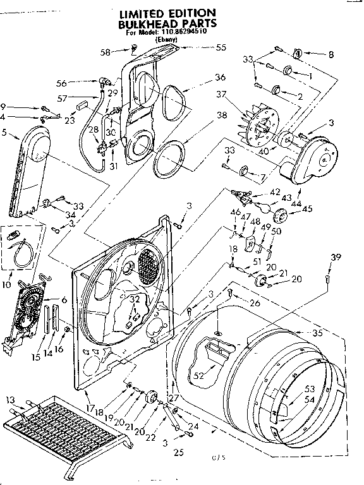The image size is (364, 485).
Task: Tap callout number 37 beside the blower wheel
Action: coord(239,95)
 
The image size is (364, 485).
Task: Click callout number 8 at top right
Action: coord(331,55)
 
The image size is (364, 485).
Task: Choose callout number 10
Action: coord(7,268)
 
